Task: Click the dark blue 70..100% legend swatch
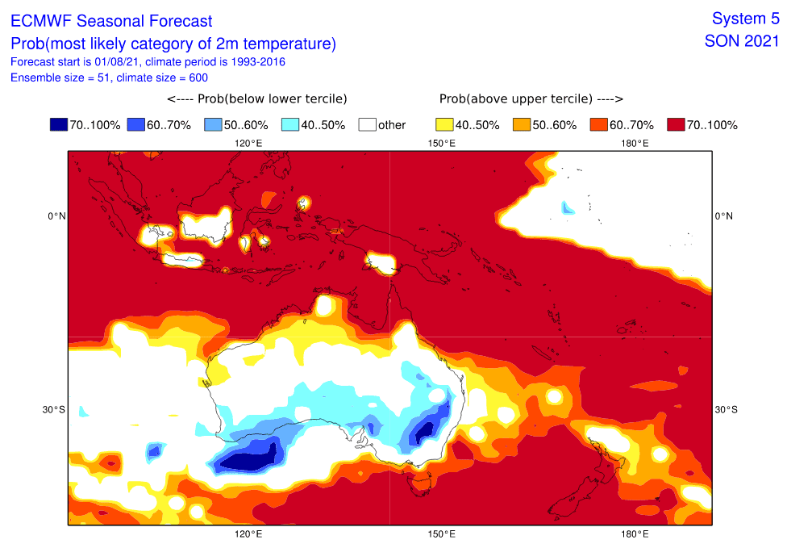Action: coord(59,124)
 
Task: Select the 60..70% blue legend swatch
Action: coord(136,124)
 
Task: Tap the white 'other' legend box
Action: coord(368,124)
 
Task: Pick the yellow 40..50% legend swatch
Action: coord(444,124)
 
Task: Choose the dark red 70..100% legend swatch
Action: coord(676,124)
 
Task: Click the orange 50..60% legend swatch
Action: coord(522,124)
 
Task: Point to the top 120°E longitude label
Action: coord(248,144)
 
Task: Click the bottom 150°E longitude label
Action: coord(442,534)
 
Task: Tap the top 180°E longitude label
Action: coord(635,144)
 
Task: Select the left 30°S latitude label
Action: coord(54,410)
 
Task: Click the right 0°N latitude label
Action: coord(724,216)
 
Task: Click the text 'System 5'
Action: coord(745,19)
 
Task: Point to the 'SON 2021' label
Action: coord(742,41)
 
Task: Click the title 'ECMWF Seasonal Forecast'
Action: coord(111,21)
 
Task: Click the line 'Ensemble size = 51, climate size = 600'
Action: coord(109,77)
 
